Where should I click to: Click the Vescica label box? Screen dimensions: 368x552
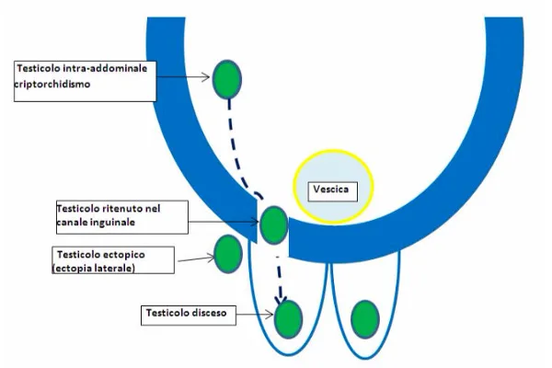pos(328,191)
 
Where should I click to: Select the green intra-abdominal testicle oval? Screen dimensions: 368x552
pos(227,80)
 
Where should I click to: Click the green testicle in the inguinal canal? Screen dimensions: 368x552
pos(273,224)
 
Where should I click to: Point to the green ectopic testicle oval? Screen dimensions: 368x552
pos(227,252)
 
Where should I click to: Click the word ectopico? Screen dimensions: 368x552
pos(117,253)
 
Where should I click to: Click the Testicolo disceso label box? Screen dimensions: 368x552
pos(187,314)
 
